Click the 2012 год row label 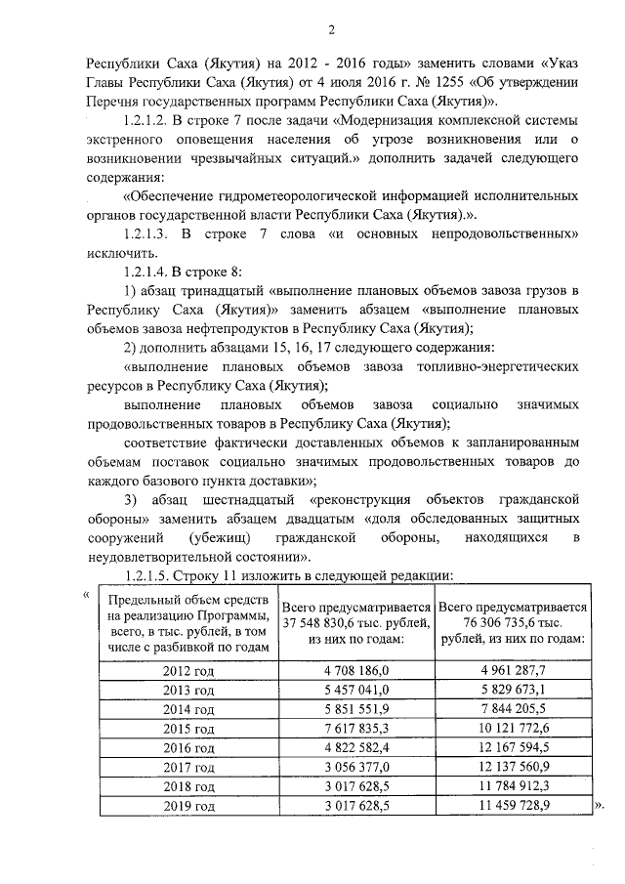(x=188, y=669)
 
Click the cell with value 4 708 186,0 (x=356, y=669)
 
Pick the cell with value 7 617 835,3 (x=356, y=729)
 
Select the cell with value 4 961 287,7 (x=513, y=669)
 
